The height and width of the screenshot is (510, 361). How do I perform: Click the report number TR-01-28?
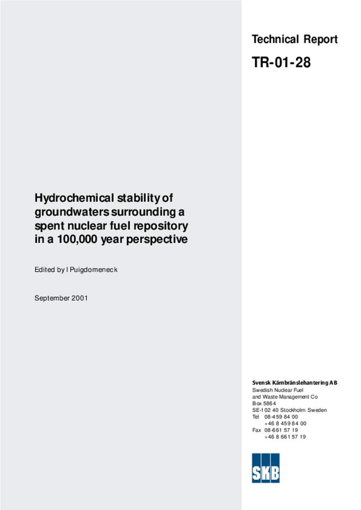pos(281,63)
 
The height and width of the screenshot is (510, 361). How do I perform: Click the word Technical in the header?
pos(275,39)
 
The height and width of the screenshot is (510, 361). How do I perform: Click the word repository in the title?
pos(163,226)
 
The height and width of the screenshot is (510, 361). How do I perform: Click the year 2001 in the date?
pos(79,298)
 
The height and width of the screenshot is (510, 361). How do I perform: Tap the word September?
pos(51,298)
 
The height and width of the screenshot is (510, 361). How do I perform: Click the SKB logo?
pos(266,468)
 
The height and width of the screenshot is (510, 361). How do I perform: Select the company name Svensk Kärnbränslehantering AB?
pos(295,383)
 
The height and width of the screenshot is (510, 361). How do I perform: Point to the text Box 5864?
pos(264,403)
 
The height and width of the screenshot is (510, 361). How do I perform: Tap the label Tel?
pos(256,417)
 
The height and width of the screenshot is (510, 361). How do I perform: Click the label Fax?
pos(256,430)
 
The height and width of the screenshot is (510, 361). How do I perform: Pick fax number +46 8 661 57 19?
pos(285,437)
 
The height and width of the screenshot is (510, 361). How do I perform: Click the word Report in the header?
pos(320,39)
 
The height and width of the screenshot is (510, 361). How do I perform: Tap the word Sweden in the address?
pos(317,410)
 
